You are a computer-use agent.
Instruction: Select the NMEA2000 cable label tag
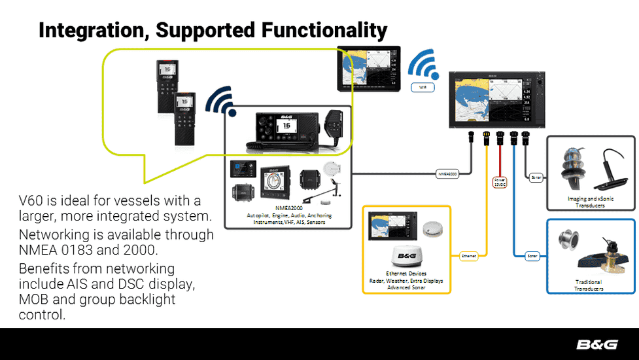(447, 174)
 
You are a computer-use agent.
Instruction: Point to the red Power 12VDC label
(500, 181)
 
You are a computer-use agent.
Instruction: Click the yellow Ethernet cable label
(468, 256)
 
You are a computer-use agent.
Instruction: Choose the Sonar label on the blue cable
(532, 256)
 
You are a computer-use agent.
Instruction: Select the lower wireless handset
(184, 119)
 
